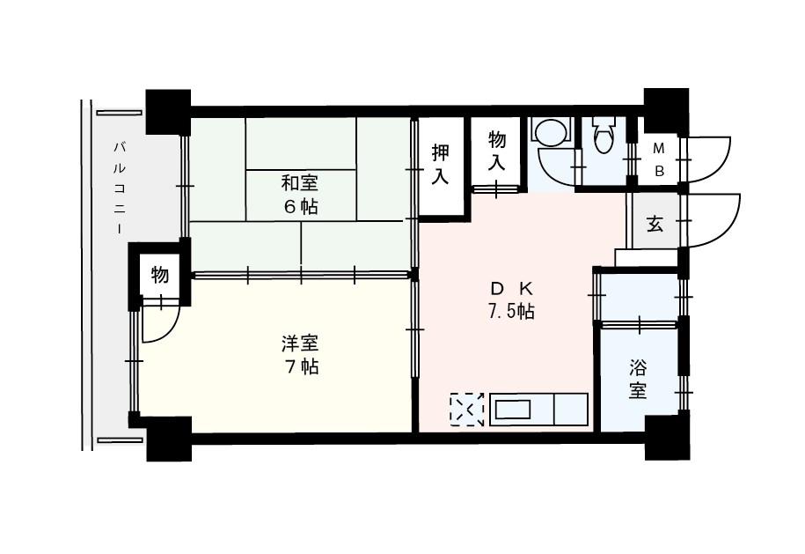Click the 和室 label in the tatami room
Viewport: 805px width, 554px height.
coord(300,182)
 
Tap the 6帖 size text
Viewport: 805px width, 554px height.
coord(301,207)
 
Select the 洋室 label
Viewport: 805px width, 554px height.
coord(300,343)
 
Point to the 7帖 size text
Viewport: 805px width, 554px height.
coord(301,367)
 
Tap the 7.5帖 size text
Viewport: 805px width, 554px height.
coord(510,312)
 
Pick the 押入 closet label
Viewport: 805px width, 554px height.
coord(441,165)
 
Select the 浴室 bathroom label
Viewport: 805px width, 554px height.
coord(638,380)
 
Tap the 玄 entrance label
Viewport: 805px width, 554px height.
coord(655,225)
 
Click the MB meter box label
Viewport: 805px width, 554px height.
coord(659,160)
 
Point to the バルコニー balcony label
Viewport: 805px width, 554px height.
coord(119,188)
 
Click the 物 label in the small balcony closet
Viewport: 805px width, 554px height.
coord(159,275)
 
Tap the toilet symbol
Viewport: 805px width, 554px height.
coord(603,135)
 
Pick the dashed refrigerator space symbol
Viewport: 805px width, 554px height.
coord(466,410)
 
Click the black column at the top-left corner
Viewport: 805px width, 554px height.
coord(168,112)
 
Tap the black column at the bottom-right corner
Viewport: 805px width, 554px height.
coord(666,437)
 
